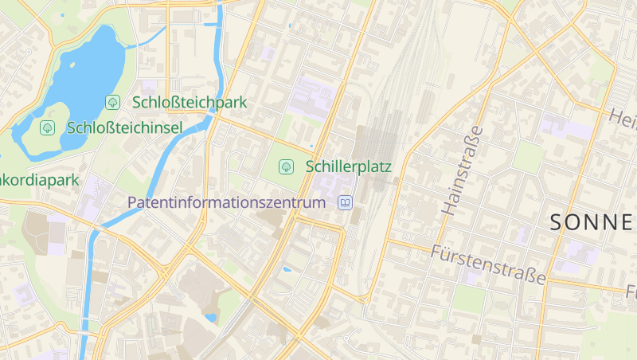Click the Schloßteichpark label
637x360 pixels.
(x=190, y=102)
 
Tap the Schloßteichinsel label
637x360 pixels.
(x=125, y=127)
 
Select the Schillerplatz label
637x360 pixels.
(x=348, y=166)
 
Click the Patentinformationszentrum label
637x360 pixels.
(x=227, y=202)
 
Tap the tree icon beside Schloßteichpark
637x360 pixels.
(x=113, y=102)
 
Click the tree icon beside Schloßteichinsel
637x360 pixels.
(x=47, y=127)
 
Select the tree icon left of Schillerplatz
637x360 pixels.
(x=285, y=166)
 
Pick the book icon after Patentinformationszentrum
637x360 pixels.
(x=345, y=202)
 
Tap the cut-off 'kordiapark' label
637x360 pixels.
(x=39, y=180)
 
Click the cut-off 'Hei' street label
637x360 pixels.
(x=622, y=117)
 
